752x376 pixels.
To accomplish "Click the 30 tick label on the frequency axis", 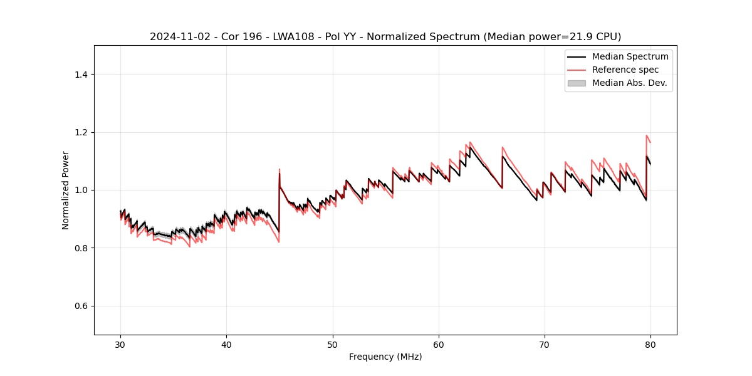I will coord(120,344).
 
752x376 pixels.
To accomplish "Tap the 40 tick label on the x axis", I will coord(226,344).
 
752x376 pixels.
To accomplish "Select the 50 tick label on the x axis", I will coord(332,344).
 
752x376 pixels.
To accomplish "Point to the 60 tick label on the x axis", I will coord(439,344).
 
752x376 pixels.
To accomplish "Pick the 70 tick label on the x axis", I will coord(545,344).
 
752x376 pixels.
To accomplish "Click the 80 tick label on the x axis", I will coord(650,344).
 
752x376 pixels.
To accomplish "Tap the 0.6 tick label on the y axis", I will coord(80,306).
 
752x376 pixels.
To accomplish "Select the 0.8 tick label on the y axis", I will coord(80,248).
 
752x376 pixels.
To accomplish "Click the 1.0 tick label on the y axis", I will coord(80,190).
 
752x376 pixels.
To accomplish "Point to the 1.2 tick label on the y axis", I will coord(80,132).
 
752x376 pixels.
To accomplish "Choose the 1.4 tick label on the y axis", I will coord(80,75).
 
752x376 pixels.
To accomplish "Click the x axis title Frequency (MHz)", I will coord(385,357).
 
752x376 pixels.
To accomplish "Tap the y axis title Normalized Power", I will coord(66,190).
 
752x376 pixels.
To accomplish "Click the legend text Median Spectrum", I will coord(630,56).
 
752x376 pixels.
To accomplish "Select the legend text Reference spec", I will coord(625,70).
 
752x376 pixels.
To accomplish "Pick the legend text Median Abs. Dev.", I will coord(629,83).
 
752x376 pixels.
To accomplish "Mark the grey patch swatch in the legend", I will coord(577,83).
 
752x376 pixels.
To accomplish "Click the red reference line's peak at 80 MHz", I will coord(647,135).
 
